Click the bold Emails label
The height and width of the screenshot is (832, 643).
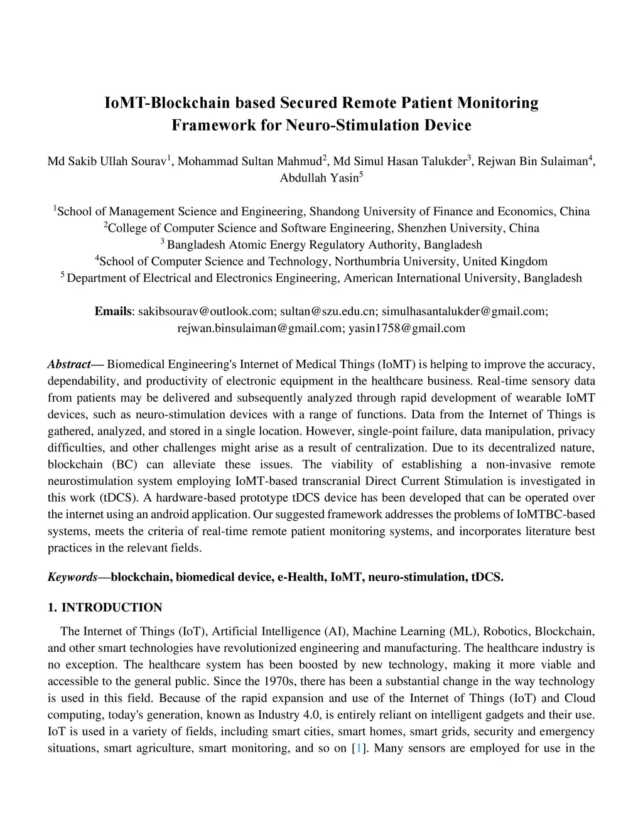pyautogui.click(x=113, y=311)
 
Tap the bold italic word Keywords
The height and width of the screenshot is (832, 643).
pyautogui.click(x=72, y=577)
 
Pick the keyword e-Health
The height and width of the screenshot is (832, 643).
pyautogui.click(x=301, y=577)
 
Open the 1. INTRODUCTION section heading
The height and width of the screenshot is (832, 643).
pyautogui.click(x=105, y=607)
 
